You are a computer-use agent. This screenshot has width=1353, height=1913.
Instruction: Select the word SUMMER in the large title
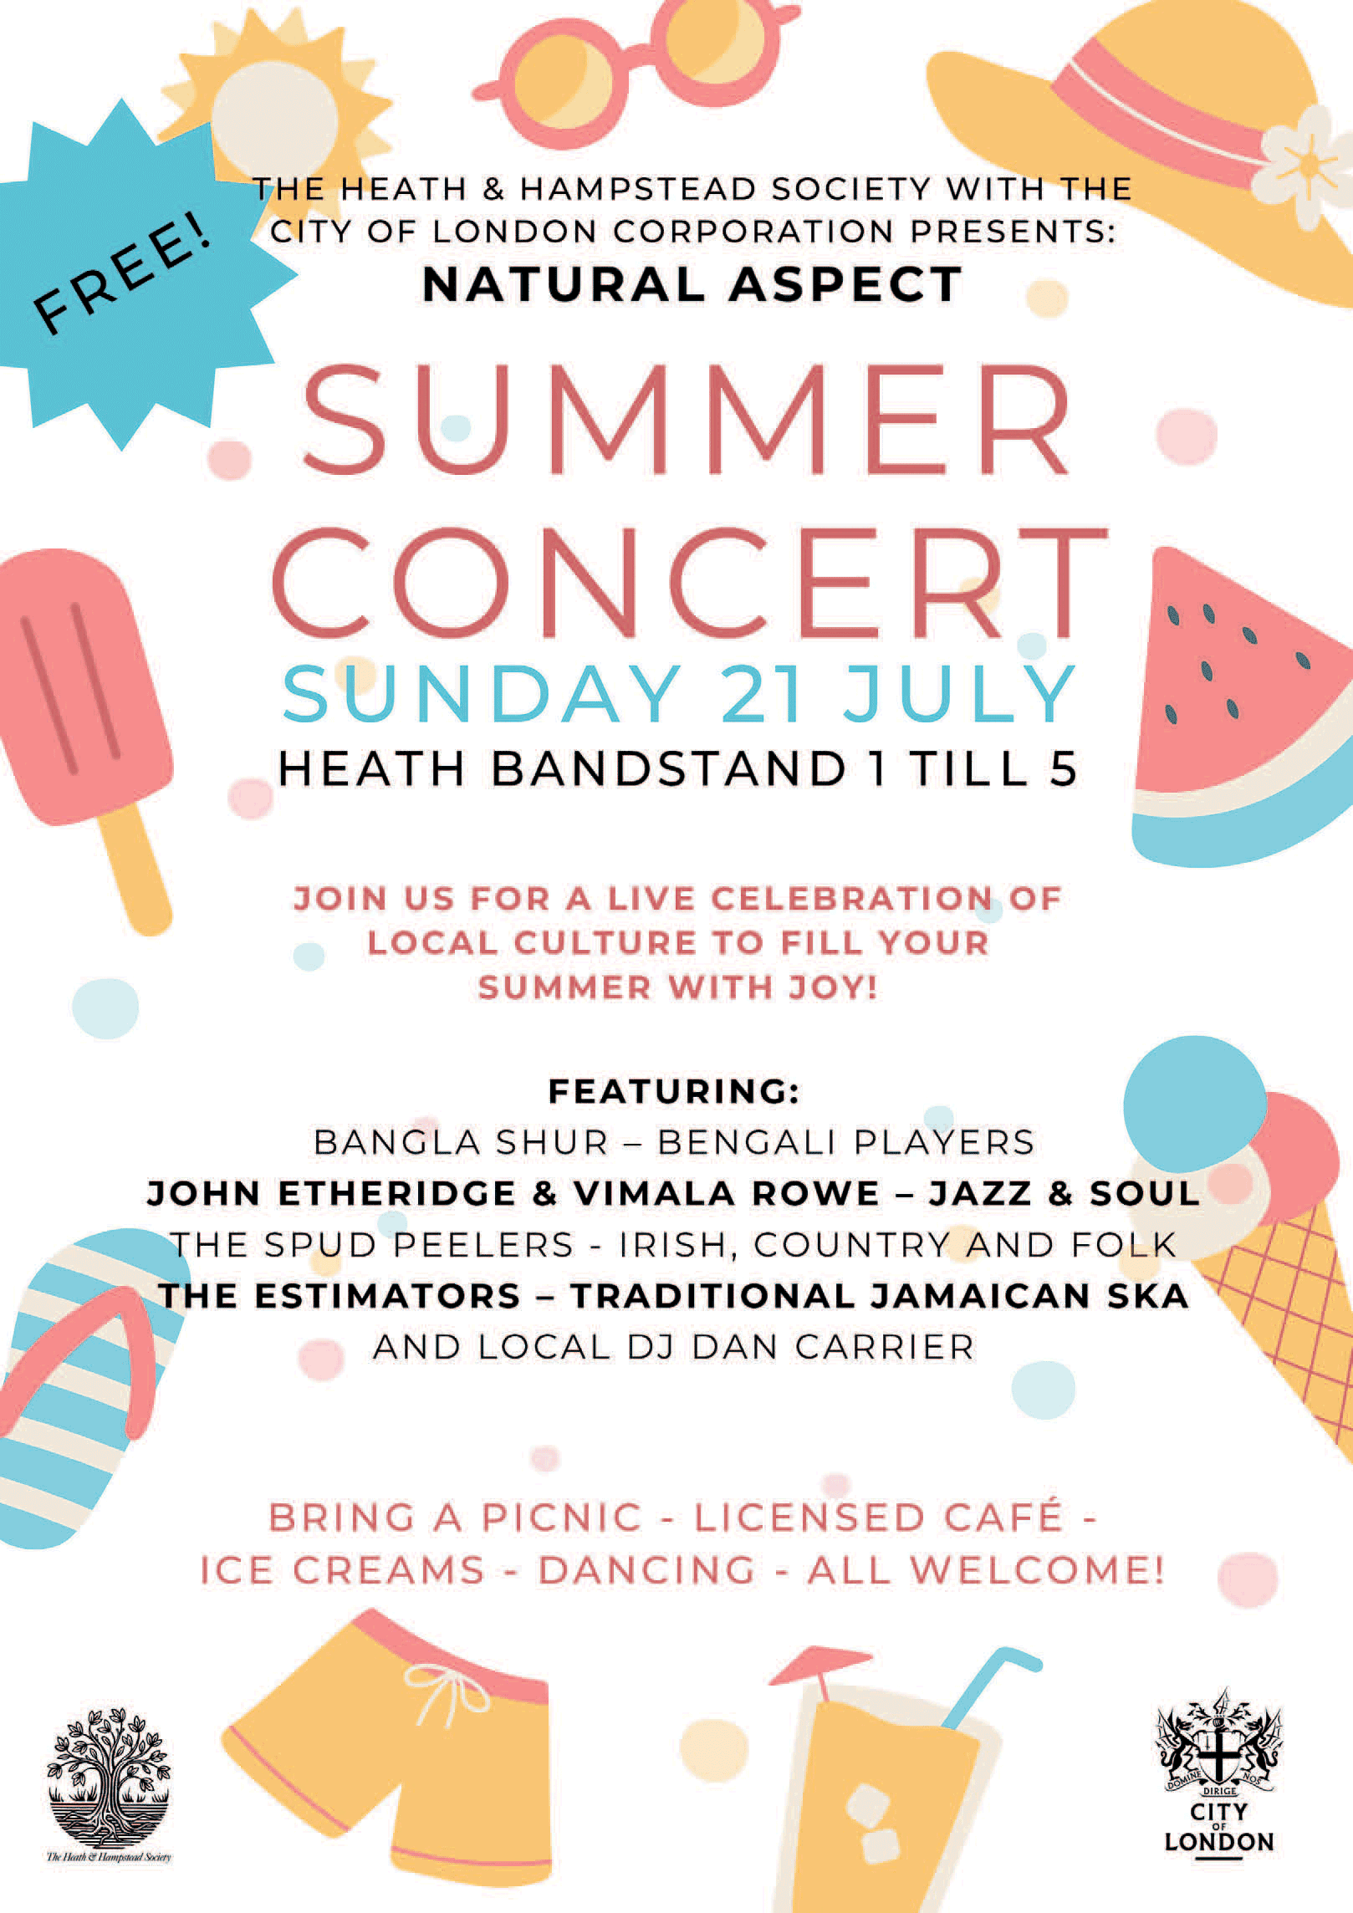(x=686, y=419)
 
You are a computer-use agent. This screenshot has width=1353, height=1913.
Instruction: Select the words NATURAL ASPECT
(x=692, y=284)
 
